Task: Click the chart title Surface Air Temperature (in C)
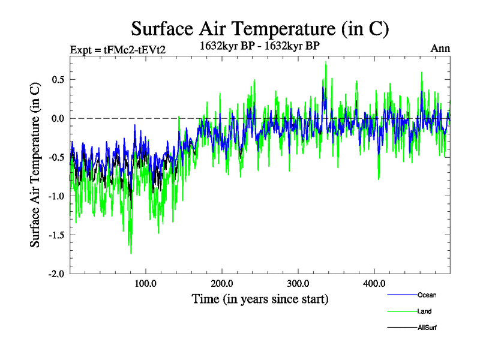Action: pos(260,28)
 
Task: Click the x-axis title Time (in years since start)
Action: pos(260,298)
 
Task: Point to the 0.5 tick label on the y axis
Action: pos(58,79)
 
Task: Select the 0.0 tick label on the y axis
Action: pos(58,118)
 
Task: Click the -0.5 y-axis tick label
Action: pos(56,157)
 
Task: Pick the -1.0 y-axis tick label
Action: pos(56,196)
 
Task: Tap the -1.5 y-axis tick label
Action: pos(56,235)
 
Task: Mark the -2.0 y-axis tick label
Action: pos(56,274)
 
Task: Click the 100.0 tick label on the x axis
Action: pos(146,284)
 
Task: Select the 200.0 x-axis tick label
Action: pos(222,284)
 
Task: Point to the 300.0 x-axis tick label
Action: pos(298,284)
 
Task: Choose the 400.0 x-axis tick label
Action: pos(374,284)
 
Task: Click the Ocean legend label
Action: pos(427,295)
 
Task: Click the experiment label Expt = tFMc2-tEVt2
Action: pos(118,49)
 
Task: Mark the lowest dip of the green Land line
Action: pos(131,253)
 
